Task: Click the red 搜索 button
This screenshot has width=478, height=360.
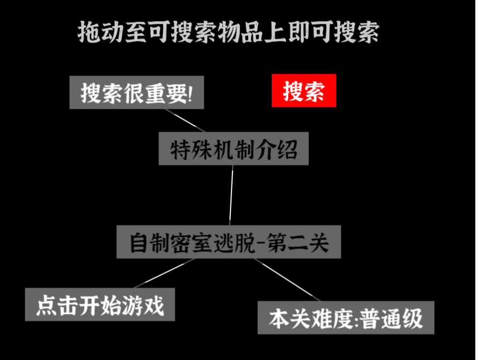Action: coord(304,91)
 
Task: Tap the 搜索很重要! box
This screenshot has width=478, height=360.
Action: coord(137,92)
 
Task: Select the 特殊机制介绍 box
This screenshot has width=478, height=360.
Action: coord(234,149)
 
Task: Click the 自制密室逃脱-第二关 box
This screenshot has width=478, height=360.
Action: coord(229,242)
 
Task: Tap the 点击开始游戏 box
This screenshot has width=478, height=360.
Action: coord(100,304)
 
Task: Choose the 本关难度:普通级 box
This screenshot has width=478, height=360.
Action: coord(346,318)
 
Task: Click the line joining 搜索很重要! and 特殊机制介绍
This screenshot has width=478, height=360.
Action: coord(185,121)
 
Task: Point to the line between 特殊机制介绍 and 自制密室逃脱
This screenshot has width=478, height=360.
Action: coord(231,196)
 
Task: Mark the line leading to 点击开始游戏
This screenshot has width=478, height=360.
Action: coord(165,273)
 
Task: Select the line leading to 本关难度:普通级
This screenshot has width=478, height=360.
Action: coord(287,280)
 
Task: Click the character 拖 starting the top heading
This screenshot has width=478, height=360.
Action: coord(89,32)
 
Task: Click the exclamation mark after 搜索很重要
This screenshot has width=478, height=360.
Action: coord(190,93)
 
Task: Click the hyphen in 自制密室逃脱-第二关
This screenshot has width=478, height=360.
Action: coord(260,244)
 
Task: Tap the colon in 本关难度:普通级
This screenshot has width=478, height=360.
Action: coord(356,320)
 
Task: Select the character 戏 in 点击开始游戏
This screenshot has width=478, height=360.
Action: coord(154,305)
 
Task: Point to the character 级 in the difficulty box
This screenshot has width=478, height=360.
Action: coord(413,319)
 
